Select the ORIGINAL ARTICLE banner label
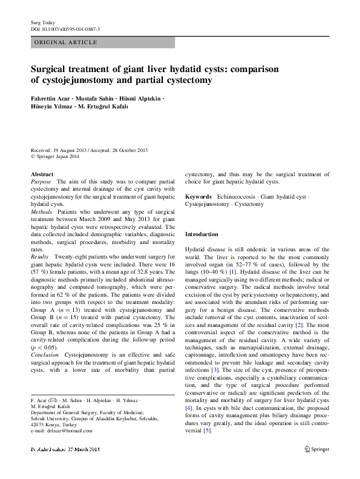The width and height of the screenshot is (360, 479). coord(66,42)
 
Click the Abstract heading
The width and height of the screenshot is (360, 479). coord(41,174)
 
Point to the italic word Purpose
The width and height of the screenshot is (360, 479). coord(41,182)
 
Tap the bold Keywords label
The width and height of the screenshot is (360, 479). coord(198,197)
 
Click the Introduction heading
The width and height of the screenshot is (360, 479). coord(201,234)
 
